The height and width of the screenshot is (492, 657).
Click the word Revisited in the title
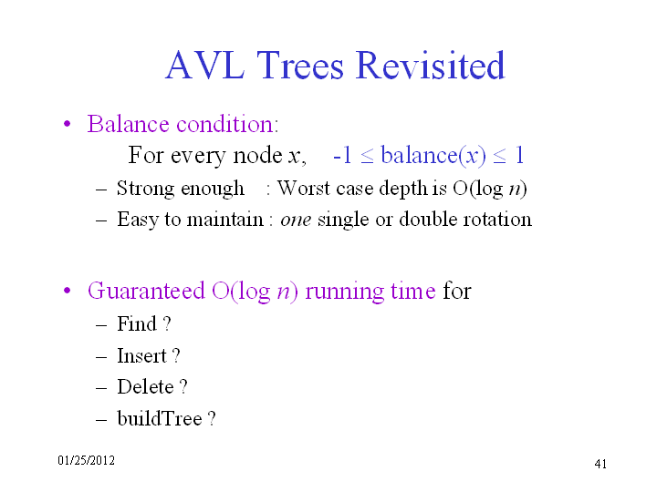click(431, 65)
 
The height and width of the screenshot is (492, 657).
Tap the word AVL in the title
click(205, 65)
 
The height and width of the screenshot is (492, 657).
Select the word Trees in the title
click(299, 65)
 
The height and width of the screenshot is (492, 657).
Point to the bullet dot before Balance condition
click(67, 124)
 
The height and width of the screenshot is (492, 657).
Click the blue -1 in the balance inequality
click(342, 156)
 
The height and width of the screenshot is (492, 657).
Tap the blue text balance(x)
click(433, 156)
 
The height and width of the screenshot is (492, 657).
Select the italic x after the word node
click(294, 157)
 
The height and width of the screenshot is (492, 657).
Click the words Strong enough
click(181, 189)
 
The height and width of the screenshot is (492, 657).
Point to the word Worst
click(303, 188)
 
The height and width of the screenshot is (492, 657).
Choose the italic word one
click(296, 220)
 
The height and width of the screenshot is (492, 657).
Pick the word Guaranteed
click(146, 291)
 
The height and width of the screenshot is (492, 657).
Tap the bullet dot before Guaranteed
click(67, 291)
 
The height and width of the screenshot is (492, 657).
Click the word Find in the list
click(137, 323)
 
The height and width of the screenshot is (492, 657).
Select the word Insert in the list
click(141, 355)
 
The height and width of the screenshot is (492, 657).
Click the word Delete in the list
click(145, 386)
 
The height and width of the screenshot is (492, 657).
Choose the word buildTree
click(160, 418)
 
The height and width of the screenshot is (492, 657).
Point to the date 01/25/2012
click(87, 460)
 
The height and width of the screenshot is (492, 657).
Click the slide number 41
click(600, 464)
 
